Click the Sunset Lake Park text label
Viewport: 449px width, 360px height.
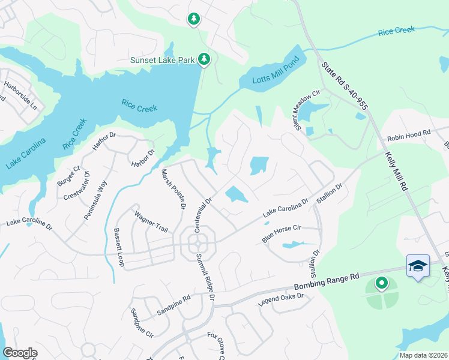click(164, 60)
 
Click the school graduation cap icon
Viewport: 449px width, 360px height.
click(418, 265)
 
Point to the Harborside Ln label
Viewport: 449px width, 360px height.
click(20, 95)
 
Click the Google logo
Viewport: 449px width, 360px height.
click(20, 353)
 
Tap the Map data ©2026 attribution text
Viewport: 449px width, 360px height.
click(423, 355)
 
